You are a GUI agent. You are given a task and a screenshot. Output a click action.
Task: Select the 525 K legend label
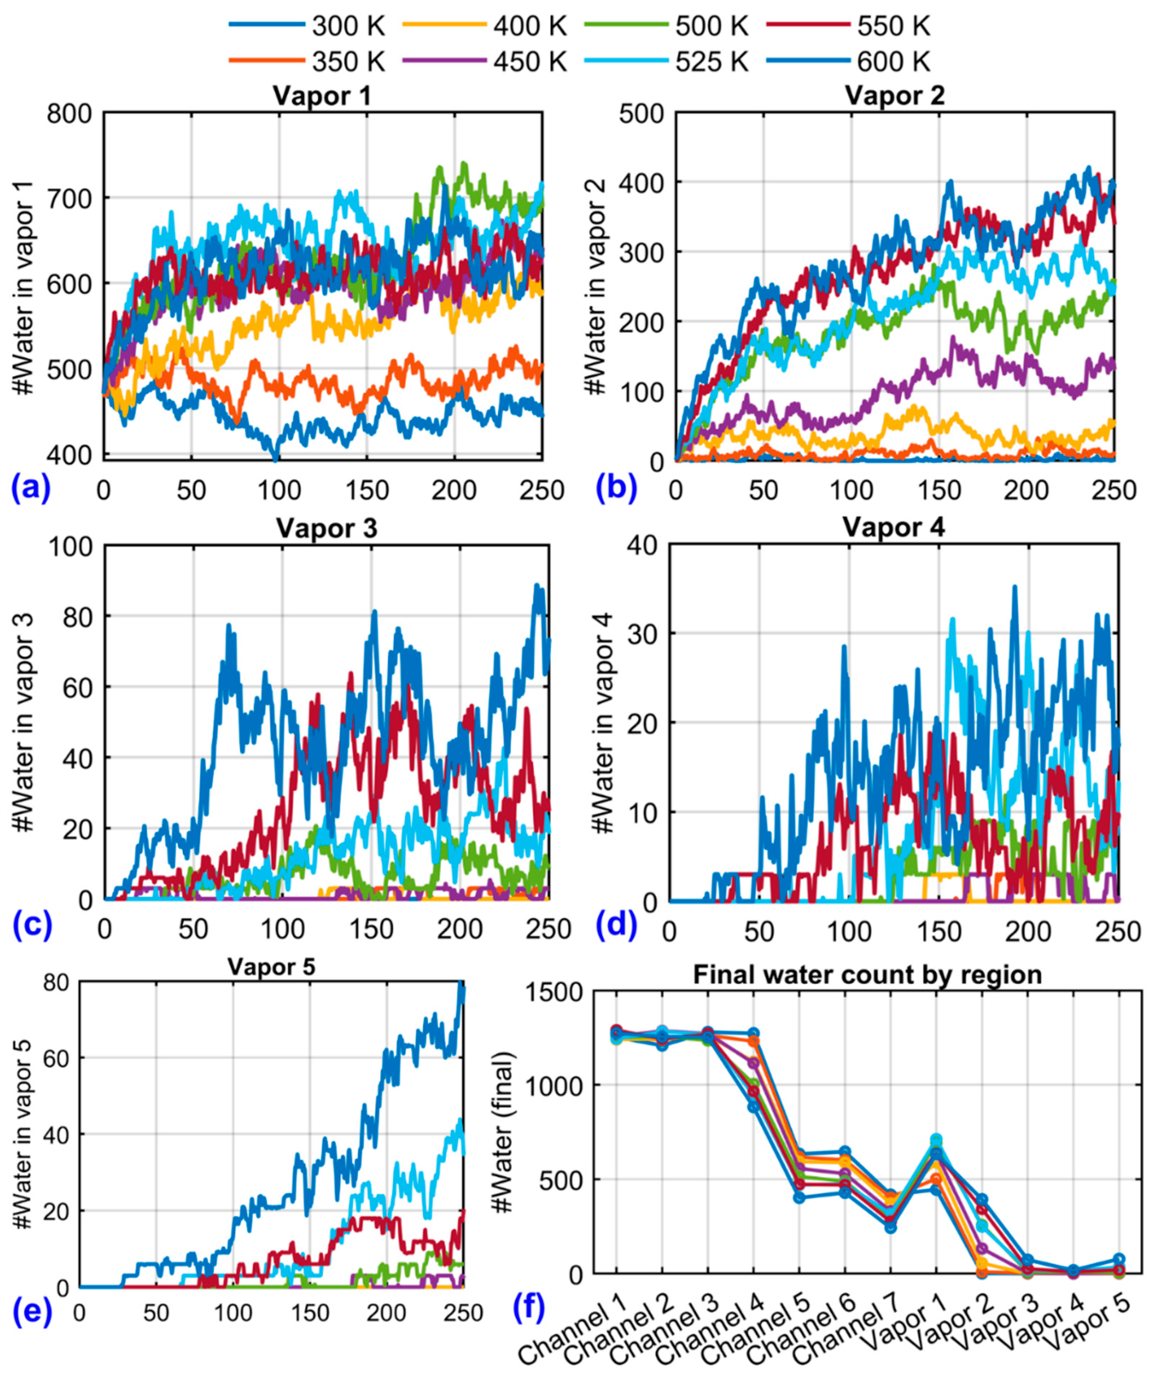point(711,61)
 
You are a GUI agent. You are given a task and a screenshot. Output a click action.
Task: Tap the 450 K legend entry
point(529,61)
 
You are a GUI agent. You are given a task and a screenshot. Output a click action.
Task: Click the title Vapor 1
point(322,96)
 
